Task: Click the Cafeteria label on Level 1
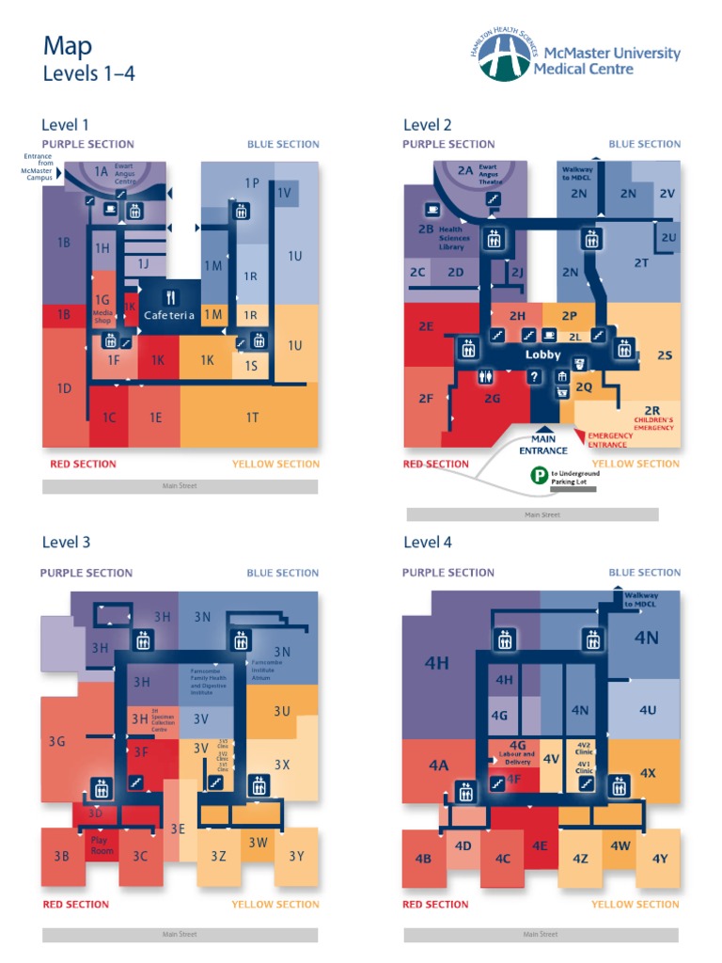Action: (169, 316)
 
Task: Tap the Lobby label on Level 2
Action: (542, 355)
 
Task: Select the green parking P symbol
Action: (539, 477)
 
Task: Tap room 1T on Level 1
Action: (251, 417)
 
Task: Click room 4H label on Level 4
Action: (437, 663)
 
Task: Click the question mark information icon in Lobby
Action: (535, 376)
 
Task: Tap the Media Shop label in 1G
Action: (102, 316)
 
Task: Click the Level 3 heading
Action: (66, 542)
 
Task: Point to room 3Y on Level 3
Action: (297, 855)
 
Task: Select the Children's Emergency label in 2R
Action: (653, 424)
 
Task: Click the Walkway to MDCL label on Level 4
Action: (641, 599)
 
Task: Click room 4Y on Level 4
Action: (658, 858)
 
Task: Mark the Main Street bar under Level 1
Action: (180, 486)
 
